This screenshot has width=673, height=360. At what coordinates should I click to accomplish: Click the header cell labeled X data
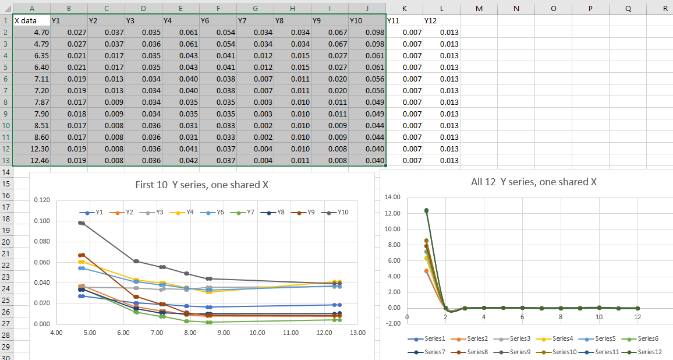(31, 20)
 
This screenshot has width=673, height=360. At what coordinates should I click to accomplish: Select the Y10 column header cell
(366, 20)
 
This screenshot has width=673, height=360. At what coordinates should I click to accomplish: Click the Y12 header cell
(441, 20)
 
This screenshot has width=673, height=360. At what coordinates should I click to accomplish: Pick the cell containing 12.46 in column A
(31, 160)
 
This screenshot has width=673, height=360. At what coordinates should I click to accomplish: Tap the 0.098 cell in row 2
(366, 32)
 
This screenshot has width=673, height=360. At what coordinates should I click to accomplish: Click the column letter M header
(479, 8)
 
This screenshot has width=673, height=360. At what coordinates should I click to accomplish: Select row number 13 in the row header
(6, 160)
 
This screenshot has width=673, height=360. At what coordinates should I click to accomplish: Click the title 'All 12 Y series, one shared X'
(533, 182)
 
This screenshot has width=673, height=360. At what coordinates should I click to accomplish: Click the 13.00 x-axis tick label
(358, 333)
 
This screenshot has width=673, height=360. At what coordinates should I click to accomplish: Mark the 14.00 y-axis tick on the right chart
(394, 197)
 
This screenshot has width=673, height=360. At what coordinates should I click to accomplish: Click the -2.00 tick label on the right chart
(393, 323)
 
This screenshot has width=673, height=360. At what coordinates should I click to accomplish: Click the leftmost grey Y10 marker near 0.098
(80, 223)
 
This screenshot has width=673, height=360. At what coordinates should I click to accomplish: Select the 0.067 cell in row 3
(329, 44)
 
